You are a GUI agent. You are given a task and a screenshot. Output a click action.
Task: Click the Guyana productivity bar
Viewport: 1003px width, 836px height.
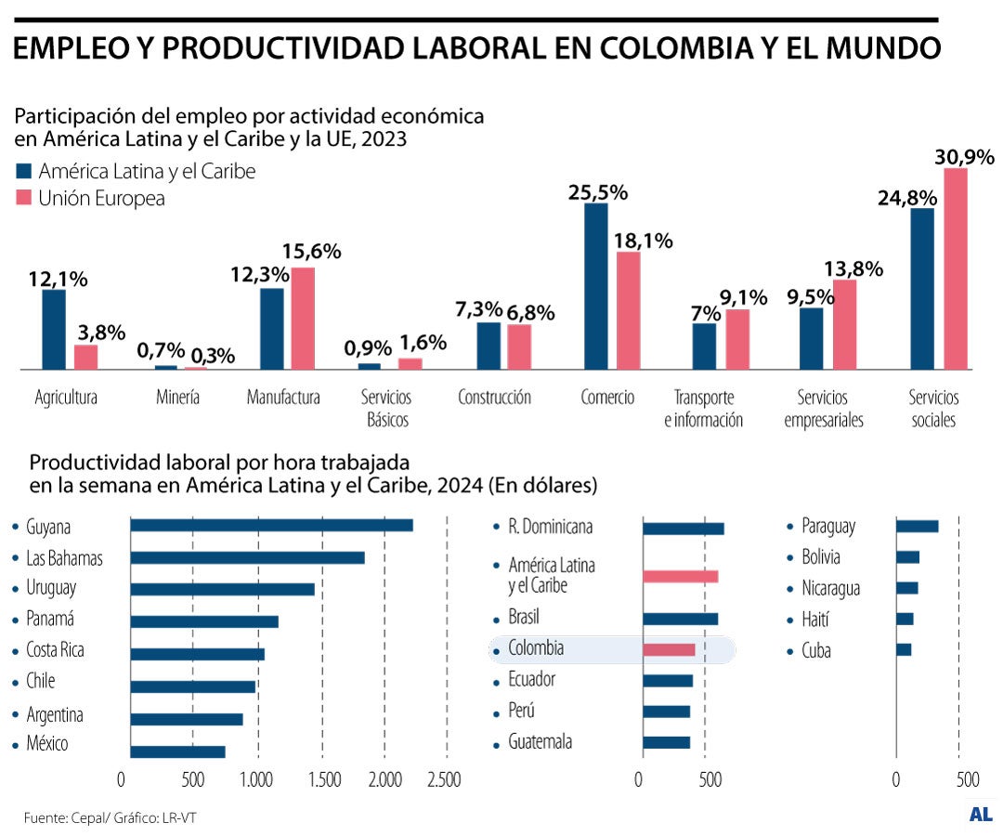[271, 526]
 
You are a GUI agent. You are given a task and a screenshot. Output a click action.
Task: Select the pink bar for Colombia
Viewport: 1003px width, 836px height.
[669, 649]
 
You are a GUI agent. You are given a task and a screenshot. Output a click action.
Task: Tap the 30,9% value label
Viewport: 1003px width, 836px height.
[964, 157]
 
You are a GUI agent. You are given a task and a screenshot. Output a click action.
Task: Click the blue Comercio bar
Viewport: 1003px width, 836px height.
[595, 286]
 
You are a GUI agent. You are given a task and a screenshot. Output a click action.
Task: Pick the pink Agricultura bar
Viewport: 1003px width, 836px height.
[86, 358]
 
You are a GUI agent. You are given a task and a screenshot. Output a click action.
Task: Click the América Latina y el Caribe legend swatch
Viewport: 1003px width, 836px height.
[23, 172]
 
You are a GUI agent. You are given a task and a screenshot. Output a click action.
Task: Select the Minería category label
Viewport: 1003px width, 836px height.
[177, 398]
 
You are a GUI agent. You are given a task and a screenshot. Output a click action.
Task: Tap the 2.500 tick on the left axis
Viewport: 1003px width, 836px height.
[443, 779]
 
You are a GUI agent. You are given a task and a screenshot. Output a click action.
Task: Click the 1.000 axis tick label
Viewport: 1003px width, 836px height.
[256, 779]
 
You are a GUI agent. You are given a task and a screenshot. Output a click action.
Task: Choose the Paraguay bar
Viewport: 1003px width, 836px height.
[917, 527]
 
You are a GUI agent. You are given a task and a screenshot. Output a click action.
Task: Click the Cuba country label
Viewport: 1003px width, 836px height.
[815, 650]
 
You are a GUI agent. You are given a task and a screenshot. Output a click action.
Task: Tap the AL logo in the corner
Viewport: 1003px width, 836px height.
[980, 814]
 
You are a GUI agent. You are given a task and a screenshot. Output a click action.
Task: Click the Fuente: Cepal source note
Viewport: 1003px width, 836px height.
[110, 817]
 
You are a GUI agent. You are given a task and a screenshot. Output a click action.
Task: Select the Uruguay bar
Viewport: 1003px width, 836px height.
[222, 589]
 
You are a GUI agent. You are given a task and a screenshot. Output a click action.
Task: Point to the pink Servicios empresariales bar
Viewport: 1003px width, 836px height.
[844, 324]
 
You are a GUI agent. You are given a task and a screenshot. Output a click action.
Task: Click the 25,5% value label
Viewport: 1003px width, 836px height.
[598, 193]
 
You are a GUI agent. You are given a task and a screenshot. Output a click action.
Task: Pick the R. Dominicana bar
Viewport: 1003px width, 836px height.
[683, 529]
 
